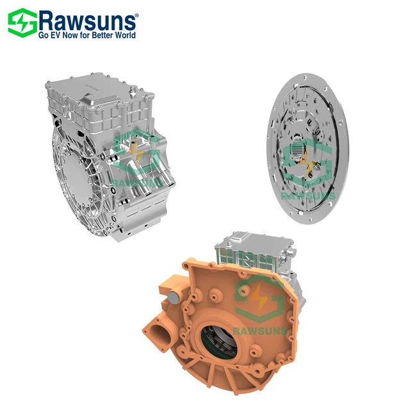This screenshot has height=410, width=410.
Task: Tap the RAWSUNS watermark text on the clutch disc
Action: (308, 194)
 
